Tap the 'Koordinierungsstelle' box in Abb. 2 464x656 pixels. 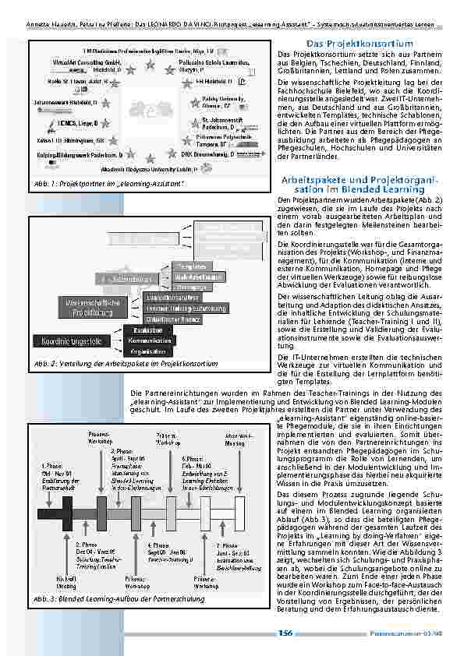[68, 340]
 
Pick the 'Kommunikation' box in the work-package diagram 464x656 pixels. [144, 340]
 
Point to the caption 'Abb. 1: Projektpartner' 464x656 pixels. [108, 183]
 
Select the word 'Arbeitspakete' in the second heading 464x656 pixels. [317, 181]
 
